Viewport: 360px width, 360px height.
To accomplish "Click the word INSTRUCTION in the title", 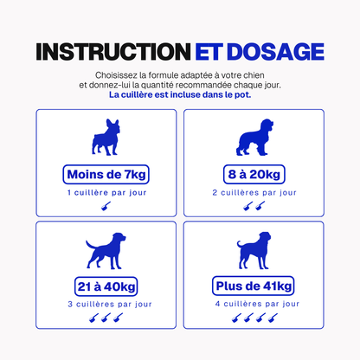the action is coord(113,52).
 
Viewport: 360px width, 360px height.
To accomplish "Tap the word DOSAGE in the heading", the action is coord(276,52).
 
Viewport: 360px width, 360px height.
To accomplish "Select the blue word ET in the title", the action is coord(209,52).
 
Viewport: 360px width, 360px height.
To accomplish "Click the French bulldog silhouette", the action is coord(106,137).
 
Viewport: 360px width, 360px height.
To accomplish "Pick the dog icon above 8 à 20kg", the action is coord(254,138).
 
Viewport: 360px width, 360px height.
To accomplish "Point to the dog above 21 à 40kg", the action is coord(106,251).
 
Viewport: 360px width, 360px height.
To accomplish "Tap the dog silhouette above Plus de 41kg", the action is coord(254,250).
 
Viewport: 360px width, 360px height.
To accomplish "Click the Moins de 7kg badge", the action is coord(106,175).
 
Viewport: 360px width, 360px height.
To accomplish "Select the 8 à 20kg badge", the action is coord(254,175).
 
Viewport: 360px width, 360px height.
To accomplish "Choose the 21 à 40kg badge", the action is coord(106,286).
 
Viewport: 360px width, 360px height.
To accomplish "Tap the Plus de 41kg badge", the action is coord(254,286).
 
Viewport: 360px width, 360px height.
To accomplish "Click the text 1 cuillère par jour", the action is coord(106,193).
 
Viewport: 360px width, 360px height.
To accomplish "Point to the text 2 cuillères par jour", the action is coord(254,193).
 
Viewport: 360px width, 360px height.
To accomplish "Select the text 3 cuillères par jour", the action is coord(110,305).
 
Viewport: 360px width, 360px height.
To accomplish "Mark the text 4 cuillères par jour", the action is coord(257,304).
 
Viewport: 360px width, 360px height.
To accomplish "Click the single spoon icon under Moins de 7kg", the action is coord(106,206).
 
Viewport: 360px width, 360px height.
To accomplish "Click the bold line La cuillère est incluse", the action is coord(180,94).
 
